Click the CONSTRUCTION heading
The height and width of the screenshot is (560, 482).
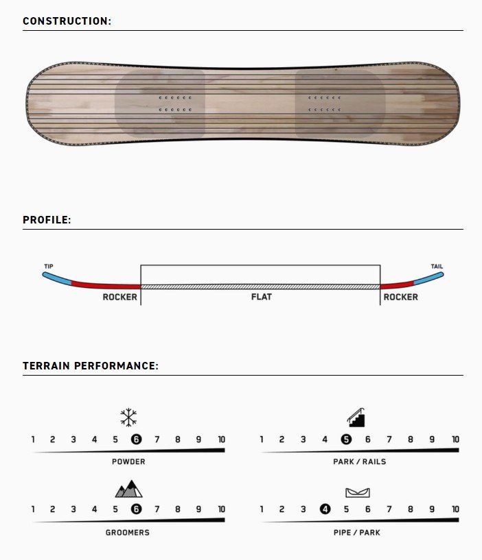(x=67, y=21)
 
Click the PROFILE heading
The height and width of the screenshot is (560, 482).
(x=47, y=219)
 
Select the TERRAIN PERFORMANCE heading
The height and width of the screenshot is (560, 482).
(x=91, y=366)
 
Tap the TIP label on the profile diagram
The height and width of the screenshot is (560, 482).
(x=49, y=266)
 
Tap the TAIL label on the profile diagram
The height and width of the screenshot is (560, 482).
(x=437, y=266)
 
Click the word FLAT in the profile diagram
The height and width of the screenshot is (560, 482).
(x=262, y=297)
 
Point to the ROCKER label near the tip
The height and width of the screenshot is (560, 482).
(x=120, y=297)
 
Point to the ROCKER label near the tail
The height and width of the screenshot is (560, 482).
(x=401, y=297)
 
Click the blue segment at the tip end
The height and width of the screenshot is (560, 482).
(x=57, y=278)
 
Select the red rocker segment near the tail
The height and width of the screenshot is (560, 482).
(x=397, y=285)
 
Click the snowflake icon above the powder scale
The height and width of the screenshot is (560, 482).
(x=128, y=417)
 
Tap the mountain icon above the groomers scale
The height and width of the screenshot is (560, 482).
(x=129, y=489)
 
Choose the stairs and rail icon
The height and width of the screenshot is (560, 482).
(x=356, y=417)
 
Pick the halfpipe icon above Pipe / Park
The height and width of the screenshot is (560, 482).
(x=358, y=493)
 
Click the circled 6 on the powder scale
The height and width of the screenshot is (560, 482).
(x=136, y=439)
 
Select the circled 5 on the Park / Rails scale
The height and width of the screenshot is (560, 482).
(x=346, y=439)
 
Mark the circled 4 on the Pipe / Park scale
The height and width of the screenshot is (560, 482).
(x=325, y=509)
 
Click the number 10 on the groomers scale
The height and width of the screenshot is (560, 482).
(x=222, y=509)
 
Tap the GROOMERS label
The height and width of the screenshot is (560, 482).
(x=128, y=533)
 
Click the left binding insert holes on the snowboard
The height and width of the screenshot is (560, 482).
(x=175, y=104)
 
